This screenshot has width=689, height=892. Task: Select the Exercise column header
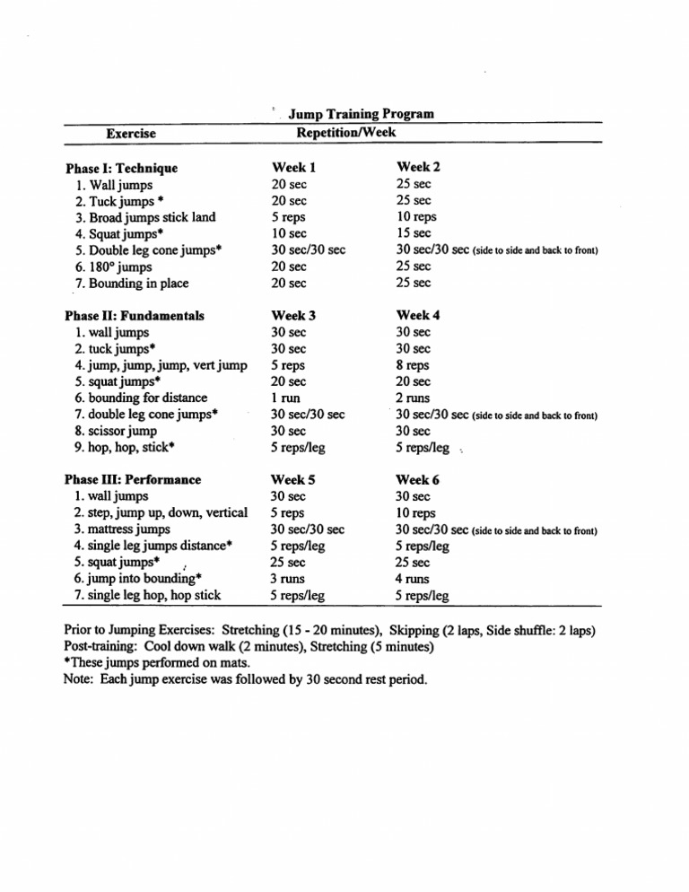(x=131, y=134)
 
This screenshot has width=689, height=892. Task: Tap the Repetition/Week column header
(x=345, y=132)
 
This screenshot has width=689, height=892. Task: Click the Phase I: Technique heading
(x=122, y=168)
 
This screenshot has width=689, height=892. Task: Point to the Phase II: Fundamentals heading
(x=135, y=316)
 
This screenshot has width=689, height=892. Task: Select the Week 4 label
(x=418, y=315)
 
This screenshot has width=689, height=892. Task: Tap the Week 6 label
(x=418, y=479)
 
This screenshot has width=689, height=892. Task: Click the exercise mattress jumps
(x=124, y=529)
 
